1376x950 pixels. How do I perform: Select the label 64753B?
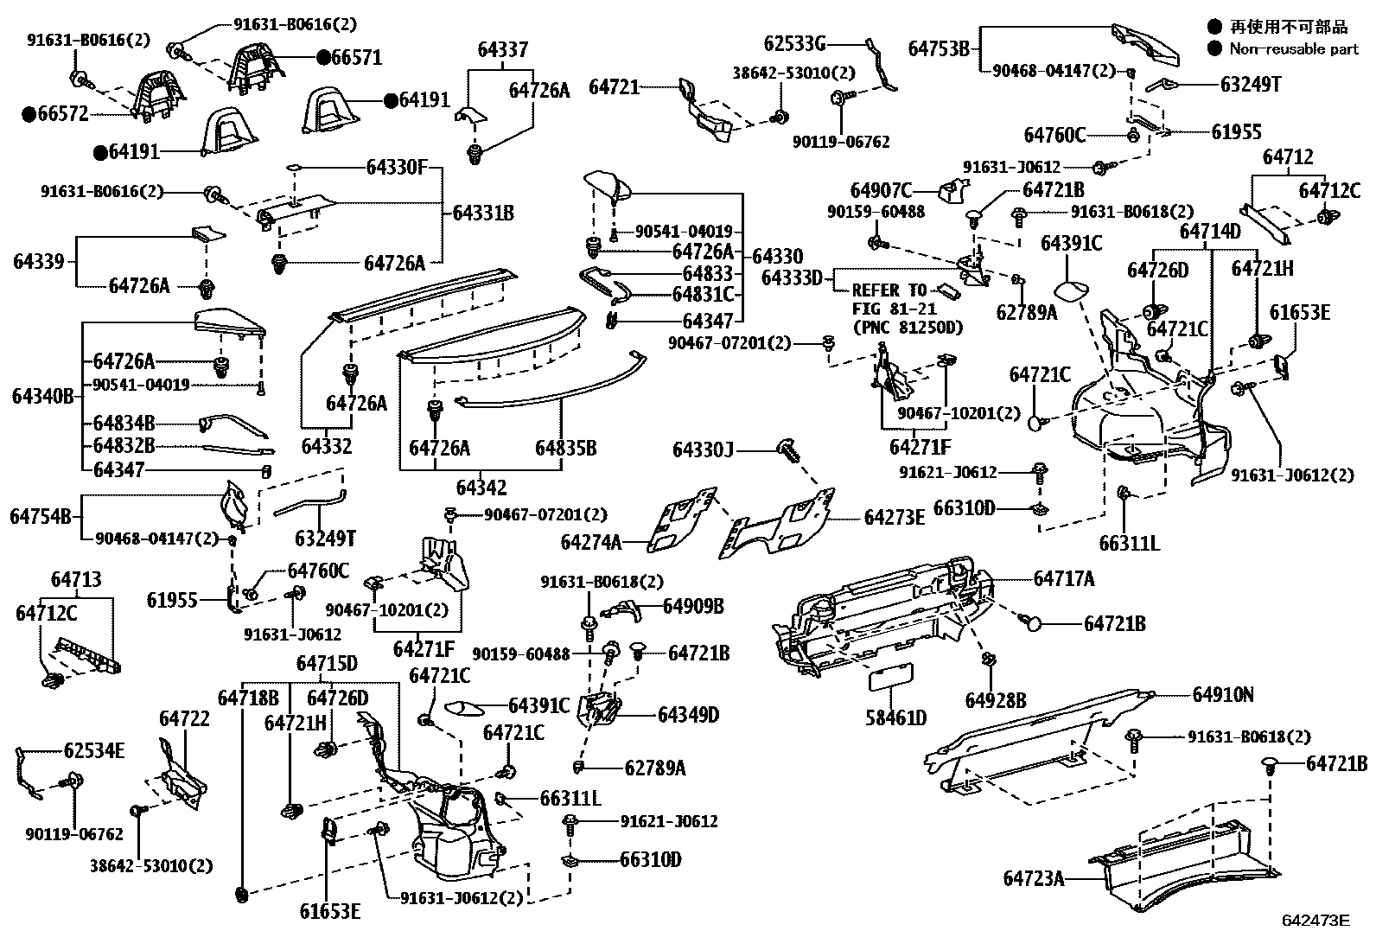tap(939, 48)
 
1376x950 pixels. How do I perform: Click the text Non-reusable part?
tap(1294, 49)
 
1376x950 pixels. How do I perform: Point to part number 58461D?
tap(895, 717)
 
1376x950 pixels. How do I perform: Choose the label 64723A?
tap(1033, 878)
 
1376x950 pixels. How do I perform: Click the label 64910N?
tap(1222, 694)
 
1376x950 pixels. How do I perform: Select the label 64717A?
tap(1063, 579)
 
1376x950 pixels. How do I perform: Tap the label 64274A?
tap(591, 542)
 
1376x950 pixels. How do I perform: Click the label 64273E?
tap(894, 517)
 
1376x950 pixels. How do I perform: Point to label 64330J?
tap(703, 450)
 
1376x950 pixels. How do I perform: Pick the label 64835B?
tap(565, 448)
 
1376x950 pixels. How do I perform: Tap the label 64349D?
tap(688, 715)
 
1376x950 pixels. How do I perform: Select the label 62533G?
tap(795, 42)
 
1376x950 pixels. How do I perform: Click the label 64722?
tap(184, 719)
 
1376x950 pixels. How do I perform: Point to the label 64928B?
tap(996, 699)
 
